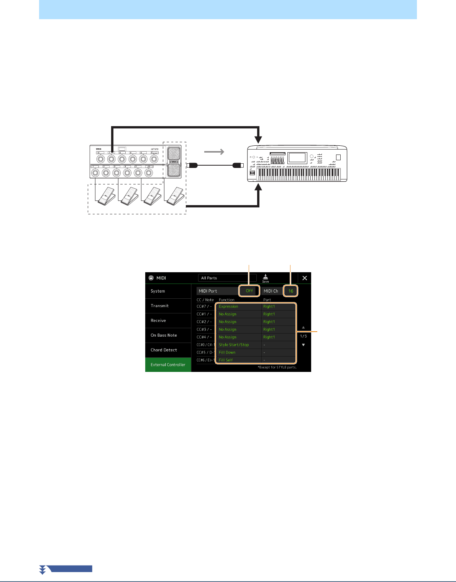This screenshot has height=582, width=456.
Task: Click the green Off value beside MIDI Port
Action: click(249, 291)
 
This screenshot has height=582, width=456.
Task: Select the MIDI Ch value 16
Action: click(290, 291)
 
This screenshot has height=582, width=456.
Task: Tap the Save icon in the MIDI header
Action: click(266, 278)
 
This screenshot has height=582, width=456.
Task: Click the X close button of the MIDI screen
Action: click(305, 278)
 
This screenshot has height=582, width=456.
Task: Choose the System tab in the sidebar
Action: click(168, 291)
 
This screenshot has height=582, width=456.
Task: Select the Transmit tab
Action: click(168, 306)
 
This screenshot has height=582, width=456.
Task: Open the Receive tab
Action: click(168, 321)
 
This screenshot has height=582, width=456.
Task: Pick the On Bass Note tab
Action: click(168, 335)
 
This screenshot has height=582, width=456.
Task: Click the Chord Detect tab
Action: click(168, 350)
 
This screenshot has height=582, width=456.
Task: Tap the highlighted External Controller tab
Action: click(168, 365)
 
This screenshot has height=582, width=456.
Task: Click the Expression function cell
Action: click(239, 307)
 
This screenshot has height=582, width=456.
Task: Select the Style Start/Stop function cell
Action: click(239, 345)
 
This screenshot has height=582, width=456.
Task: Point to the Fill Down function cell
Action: click(239, 352)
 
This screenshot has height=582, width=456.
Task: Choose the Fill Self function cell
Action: click(239, 360)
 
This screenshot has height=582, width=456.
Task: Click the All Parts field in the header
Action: click(227, 278)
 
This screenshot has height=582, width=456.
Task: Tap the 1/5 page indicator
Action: click(303, 336)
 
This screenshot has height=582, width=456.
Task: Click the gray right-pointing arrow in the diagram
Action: click(214, 152)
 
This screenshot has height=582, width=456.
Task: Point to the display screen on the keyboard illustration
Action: click(297, 157)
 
